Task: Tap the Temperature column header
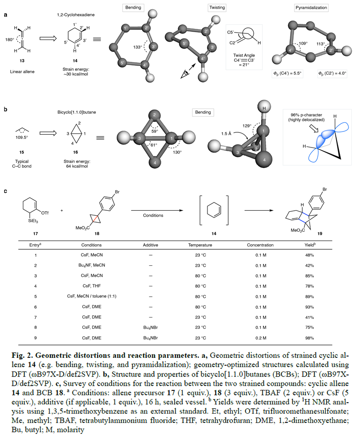click(200, 245)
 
